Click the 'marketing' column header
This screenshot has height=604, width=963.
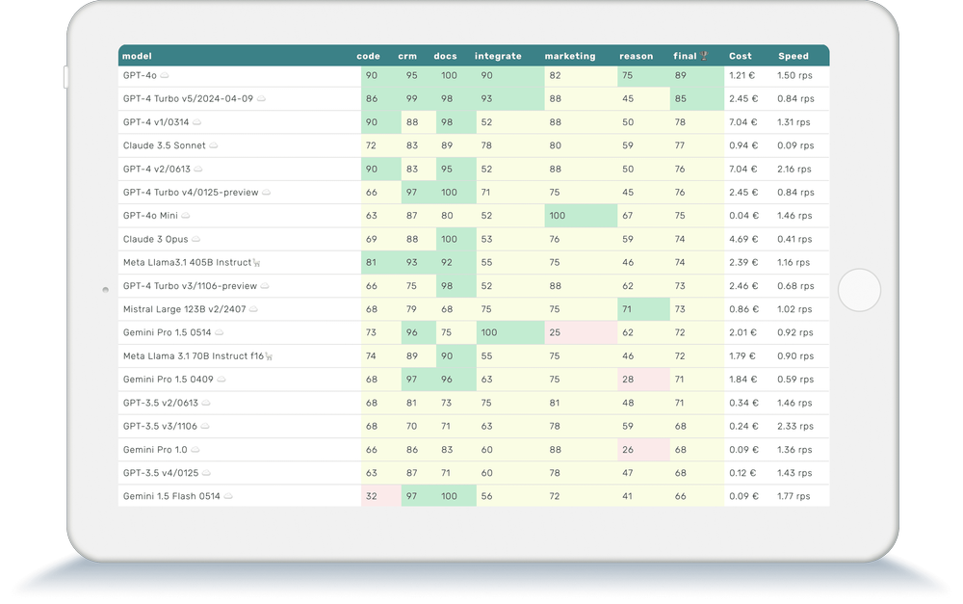point(570,56)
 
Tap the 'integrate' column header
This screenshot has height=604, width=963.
point(498,56)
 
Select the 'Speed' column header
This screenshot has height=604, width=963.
point(794,56)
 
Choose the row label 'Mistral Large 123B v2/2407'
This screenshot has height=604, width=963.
point(183,309)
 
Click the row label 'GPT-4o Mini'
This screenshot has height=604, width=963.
point(150,216)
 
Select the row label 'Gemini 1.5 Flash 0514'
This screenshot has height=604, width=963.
point(171,496)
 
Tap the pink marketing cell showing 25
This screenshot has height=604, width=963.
point(555,332)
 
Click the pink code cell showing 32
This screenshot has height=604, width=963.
point(371,496)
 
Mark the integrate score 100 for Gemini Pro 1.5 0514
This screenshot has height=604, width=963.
point(489,332)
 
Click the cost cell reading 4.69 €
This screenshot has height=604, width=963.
point(742,239)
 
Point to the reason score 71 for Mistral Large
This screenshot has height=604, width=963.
point(627,309)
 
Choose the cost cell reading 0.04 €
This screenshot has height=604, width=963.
point(742,216)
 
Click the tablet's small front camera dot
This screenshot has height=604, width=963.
point(105,289)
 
